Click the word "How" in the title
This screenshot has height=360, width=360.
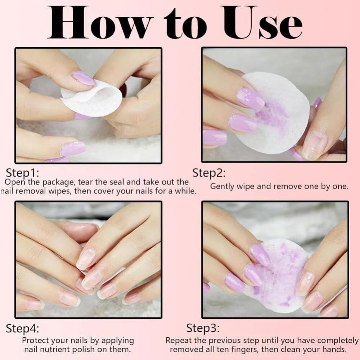coord(99,22)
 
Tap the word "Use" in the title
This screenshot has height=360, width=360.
coord(263,22)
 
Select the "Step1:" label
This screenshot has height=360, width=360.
coord(22,173)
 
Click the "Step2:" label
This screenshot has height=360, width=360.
coord(209,173)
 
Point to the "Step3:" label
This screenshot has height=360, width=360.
coord(203,328)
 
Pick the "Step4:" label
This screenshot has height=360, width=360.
coord(22,329)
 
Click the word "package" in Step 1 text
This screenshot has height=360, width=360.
coord(59,183)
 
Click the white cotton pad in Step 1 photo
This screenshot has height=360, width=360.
coord(91,99)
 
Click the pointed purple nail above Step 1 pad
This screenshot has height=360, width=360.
coord(84,78)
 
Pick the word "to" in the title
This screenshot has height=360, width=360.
coord(185,24)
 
